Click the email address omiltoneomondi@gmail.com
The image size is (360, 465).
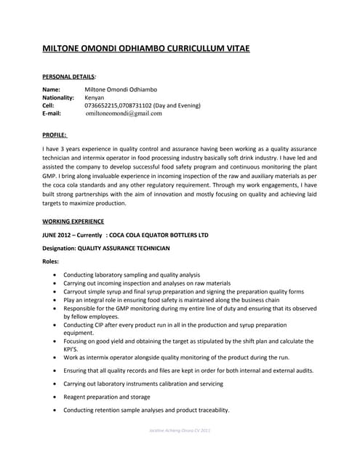tap(124, 113)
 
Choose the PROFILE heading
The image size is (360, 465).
tap(55, 134)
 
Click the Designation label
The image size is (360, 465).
tap(59, 248)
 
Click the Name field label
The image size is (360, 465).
tap(52, 89)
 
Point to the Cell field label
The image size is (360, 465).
tap(49, 105)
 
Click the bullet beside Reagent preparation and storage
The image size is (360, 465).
tap(57, 397)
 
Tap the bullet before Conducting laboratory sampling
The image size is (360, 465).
tap(57, 275)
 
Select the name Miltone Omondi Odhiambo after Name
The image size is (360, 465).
tap(121, 89)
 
